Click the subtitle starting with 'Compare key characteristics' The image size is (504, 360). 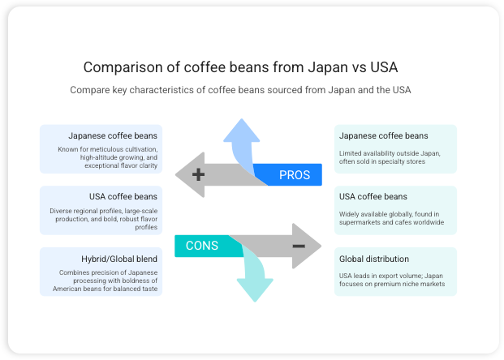pyautogui.click(x=240, y=90)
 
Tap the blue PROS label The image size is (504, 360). pyautogui.click(x=294, y=175)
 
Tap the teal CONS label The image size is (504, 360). pyautogui.click(x=202, y=246)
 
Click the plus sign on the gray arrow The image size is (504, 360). pyautogui.click(x=197, y=174)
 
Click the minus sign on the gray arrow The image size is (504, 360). pyautogui.click(x=299, y=246)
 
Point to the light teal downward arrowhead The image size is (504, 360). pyautogui.click(x=252, y=289)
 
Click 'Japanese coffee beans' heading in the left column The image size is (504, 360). pyautogui.click(x=113, y=135)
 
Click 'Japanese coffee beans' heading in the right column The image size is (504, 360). pyautogui.click(x=384, y=135)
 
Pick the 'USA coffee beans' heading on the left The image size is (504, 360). pyautogui.click(x=123, y=197)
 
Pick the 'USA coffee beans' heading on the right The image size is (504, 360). pyautogui.click(x=373, y=197)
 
